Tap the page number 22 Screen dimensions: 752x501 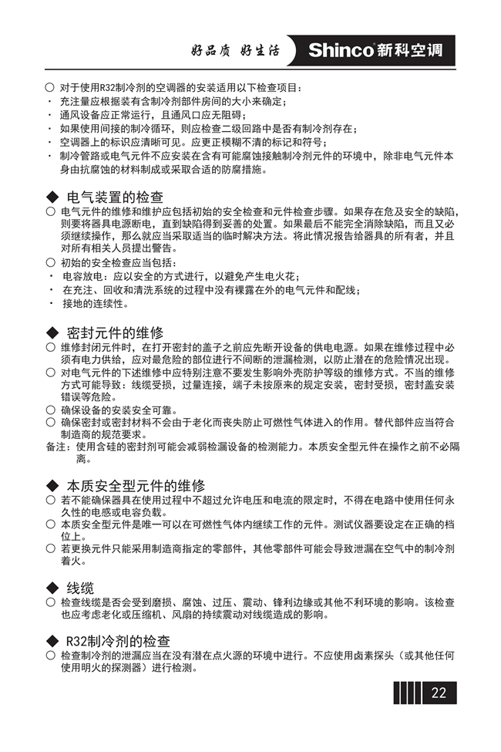pos(439,693)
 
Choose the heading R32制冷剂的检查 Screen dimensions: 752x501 pos(118,642)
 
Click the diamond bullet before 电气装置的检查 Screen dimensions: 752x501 pos(52,197)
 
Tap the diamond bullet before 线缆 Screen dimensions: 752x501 pos(52,588)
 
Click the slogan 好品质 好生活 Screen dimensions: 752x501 pos(234,52)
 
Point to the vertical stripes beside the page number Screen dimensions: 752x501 pos(406,693)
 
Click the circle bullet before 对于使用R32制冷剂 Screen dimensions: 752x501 pos(50,89)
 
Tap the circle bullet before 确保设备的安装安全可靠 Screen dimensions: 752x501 pos(50,410)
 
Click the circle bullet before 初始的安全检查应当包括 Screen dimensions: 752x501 pos(50,263)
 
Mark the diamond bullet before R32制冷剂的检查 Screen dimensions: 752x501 pos(52,642)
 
